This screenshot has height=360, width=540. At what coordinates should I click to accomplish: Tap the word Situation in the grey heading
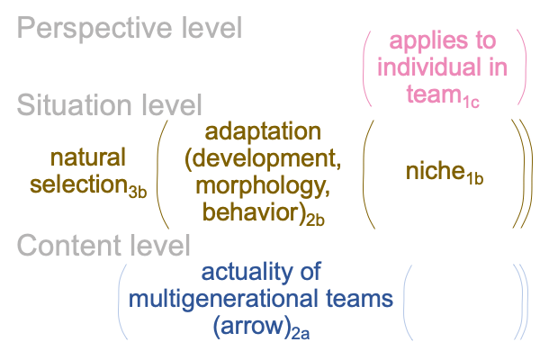point(75,104)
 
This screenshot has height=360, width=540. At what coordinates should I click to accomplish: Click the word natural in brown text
point(88,157)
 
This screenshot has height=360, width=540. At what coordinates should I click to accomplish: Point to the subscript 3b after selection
point(138,192)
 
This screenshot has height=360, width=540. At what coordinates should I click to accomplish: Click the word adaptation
point(263,132)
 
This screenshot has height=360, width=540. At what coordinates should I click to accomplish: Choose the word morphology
point(261,187)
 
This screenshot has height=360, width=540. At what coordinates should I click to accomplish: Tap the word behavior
point(250,211)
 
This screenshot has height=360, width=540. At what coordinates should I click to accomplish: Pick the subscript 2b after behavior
point(316,220)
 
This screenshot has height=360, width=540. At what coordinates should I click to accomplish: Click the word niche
point(436,171)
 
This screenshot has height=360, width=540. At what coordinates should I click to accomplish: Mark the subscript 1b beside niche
point(475,178)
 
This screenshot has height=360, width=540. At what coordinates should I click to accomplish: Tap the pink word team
point(434,94)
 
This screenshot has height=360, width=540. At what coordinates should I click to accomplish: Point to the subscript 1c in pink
point(471,102)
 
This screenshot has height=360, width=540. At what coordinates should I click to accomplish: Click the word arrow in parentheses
point(252,326)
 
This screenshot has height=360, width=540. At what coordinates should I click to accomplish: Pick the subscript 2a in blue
point(301,334)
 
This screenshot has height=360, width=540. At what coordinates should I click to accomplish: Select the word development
point(263,158)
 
